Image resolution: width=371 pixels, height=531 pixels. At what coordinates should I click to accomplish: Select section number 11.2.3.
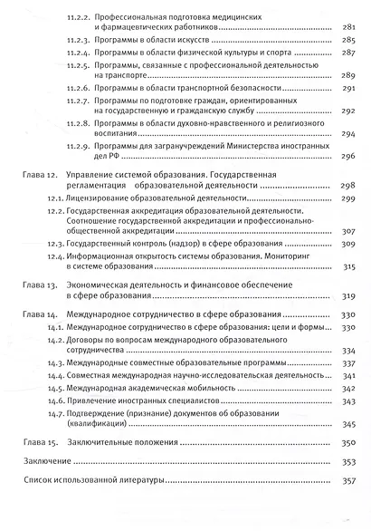(x=81, y=42)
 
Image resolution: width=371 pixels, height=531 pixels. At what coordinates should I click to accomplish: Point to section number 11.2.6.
(x=81, y=89)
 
